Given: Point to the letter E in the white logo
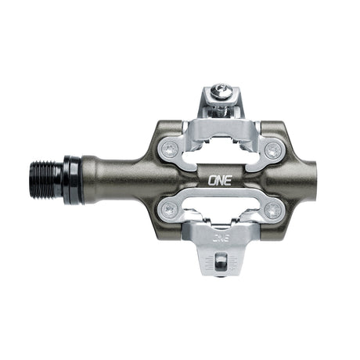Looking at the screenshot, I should click(x=228, y=178).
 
